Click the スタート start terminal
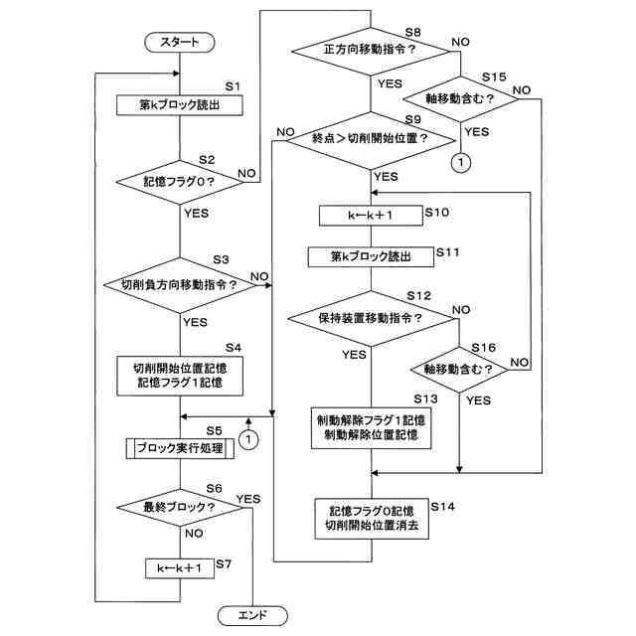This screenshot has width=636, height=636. point(180,42)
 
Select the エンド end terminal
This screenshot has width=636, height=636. point(252,616)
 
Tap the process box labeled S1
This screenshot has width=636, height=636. point(180,105)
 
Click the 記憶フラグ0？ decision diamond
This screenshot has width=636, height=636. point(180,182)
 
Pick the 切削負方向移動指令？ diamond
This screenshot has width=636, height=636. point(180,285)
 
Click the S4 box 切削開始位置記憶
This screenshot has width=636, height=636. point(180,376)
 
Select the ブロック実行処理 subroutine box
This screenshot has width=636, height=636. point(180,448)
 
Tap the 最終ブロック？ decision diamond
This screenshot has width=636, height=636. point(180,507)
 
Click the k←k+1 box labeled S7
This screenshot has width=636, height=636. point(180,568)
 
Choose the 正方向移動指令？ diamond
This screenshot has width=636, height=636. point(371,51)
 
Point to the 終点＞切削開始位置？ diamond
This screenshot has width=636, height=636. point(371,140)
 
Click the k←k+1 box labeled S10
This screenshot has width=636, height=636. point(371,216)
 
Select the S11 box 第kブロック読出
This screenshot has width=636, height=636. point(371,257)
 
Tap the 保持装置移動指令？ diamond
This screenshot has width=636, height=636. point(371,318)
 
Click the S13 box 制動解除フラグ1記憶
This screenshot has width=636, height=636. point(371,428)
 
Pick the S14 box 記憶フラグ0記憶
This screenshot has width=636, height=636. point(372,519)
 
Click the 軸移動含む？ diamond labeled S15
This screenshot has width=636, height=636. point(460,99)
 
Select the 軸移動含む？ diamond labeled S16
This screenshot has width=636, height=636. point(459,370)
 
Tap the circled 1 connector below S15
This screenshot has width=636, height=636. point(461,163)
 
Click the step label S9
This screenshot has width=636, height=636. point(413,119)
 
